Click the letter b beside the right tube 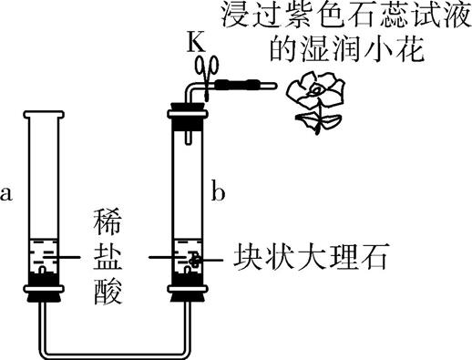tap(218, 192)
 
